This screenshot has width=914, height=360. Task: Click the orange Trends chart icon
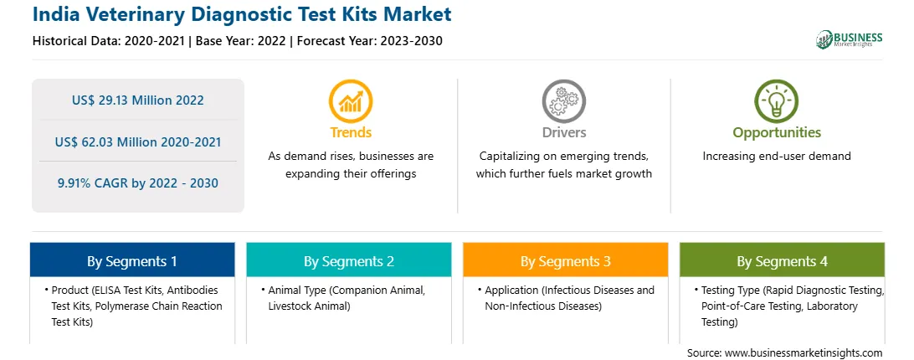(x=351, y=101)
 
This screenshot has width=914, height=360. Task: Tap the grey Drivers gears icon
(x=563, y=101)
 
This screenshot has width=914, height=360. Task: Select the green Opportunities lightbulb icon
(x=777, y=101)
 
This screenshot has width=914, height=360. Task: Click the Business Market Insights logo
(x=850, y=39)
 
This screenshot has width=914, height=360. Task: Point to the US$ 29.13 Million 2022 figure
(x=138, y=100)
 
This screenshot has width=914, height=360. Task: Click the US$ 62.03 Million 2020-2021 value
(x=138, y=141)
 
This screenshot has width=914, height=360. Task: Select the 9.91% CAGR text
(x=138, y=183)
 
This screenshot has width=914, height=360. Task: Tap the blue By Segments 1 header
(x=132, y=260)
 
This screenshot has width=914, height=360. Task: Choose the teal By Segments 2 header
(x=348, y=260)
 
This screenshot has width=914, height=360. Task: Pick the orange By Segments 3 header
(x=566, y=260)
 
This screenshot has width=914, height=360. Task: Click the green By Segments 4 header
(x=783, y=260)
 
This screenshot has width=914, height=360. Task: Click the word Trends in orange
(x=351, y=132)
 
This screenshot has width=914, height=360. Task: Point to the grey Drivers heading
(x=563, y=132)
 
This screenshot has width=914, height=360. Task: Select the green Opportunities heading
(x=777, y=132)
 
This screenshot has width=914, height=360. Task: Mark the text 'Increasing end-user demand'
(x=777, y=157)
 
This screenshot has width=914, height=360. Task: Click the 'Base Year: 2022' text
(x=241, y=41)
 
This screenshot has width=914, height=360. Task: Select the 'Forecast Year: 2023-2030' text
(x=367, y=41)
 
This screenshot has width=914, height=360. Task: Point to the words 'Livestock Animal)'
(x=309, y=306)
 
